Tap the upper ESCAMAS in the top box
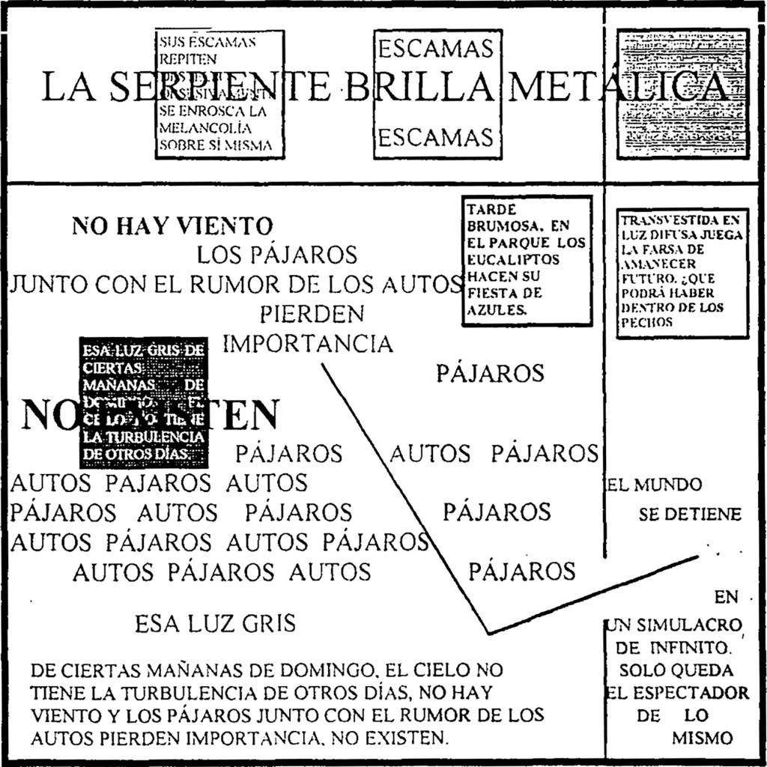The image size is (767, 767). click(435, 49)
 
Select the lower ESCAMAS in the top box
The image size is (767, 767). click(435, 138)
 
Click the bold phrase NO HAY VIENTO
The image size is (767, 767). click(172, 225)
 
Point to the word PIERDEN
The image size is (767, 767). click(312, 314)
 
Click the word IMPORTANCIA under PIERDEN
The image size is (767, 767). click(308, 344)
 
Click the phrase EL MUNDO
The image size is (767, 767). click(654, 485)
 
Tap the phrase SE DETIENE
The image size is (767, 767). click(690, 515)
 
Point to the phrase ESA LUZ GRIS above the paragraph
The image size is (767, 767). click(215, 623)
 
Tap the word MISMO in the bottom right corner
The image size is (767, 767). click(702, 738)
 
